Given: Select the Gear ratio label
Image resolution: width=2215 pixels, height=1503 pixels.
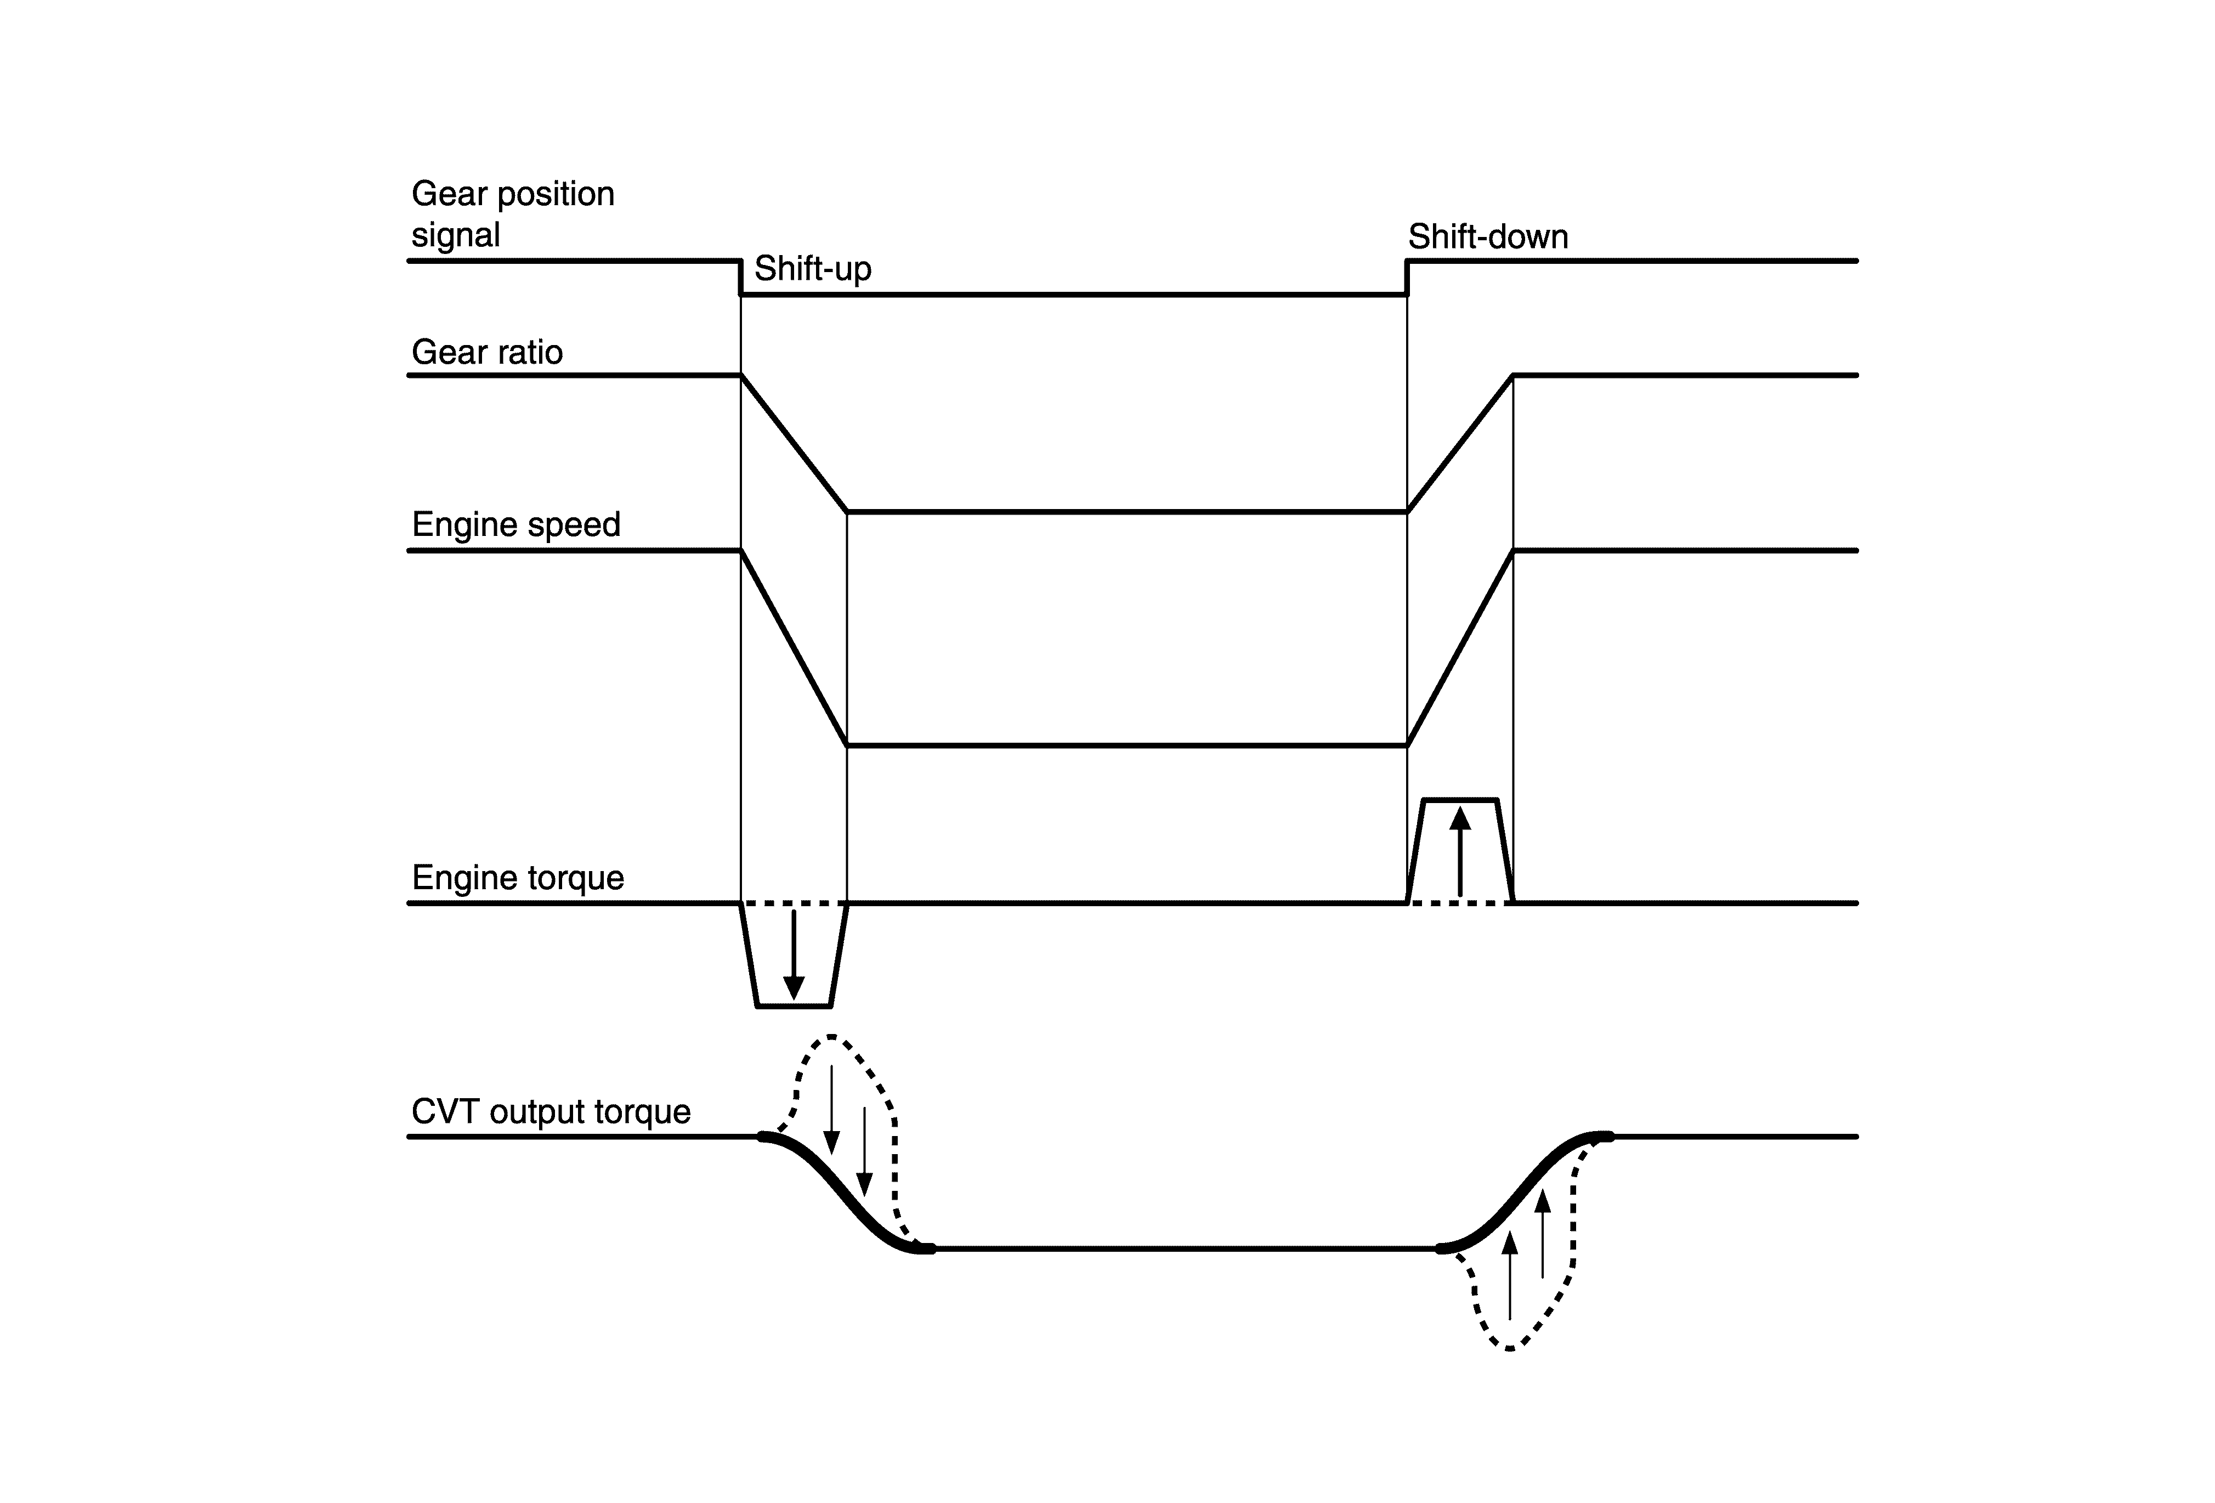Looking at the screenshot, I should pyautogui.click(x=487, y=353).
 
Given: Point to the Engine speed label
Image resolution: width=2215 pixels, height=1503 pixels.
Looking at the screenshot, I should pyautogui.click(x=515, y=525).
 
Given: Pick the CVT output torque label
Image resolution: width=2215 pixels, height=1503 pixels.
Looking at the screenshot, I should pyautogui.click(x=551, y=1111).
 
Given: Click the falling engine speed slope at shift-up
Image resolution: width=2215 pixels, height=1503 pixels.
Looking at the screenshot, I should pyautogui.click(x=794, y=648).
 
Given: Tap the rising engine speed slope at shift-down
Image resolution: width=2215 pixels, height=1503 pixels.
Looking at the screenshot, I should pyautogui.click(x=1460, y=648).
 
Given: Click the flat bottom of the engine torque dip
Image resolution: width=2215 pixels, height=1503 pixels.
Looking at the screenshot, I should pyautogui.click(x=793, y=1005).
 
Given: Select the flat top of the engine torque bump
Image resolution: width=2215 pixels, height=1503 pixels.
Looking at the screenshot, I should pyautogui.click(x=1459, y=800).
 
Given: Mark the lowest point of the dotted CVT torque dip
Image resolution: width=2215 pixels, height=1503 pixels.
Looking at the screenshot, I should pyautogui.click(x=1510, y=1349).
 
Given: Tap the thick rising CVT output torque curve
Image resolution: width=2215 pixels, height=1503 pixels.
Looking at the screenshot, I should pyautogui.click(x=1525, y=1191).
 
